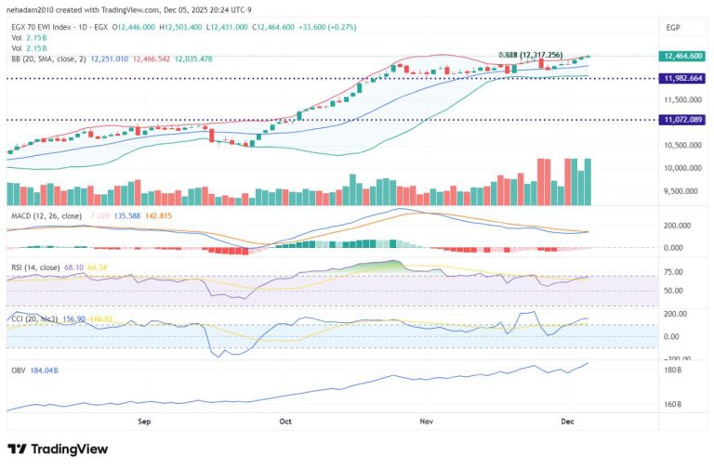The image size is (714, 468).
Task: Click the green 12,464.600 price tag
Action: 682,56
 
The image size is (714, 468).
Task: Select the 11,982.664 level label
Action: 682,79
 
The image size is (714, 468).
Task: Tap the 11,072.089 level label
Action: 682,120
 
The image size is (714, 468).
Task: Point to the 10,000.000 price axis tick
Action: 682,168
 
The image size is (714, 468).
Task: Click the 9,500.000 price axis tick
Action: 682,191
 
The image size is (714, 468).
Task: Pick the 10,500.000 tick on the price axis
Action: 682,145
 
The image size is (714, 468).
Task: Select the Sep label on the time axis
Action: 144,420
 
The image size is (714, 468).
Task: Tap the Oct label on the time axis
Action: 285,420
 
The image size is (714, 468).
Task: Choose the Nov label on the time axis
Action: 426,420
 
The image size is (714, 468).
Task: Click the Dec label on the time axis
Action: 568,420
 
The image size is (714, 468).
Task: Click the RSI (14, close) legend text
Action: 36,267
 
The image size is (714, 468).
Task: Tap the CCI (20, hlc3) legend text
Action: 36,318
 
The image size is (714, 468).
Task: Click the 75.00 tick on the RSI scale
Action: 674,273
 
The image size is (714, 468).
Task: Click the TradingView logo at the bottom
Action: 58,448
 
